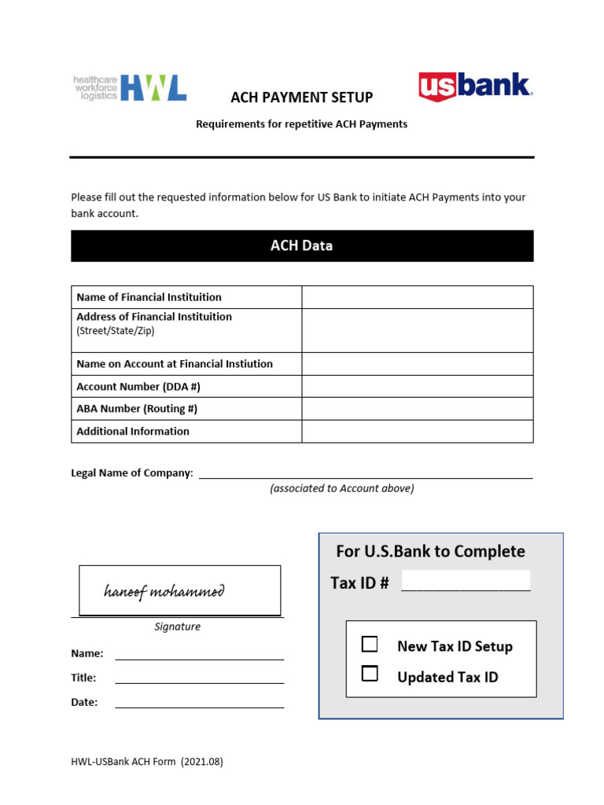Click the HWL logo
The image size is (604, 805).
click(130, 88)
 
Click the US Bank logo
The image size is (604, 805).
click(475, 86)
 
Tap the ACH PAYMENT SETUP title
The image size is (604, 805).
click(301, 97)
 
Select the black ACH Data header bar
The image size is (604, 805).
click(302, 246)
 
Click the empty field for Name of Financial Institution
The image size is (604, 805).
click(417, 297)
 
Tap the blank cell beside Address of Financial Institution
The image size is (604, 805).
click(417, 330)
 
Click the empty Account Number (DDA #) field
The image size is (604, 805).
click(417, 387)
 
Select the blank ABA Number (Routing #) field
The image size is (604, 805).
click(417, 409)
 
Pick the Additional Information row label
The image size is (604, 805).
click(133, 432)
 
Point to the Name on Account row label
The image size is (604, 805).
click(175, 364)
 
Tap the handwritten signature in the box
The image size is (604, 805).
click(164, 591)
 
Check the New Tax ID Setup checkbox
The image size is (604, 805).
click(370, 645)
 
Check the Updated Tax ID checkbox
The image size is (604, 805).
click(370, 674)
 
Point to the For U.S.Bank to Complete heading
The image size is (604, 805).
click(430, 551)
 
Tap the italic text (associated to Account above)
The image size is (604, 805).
click(341, 488)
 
